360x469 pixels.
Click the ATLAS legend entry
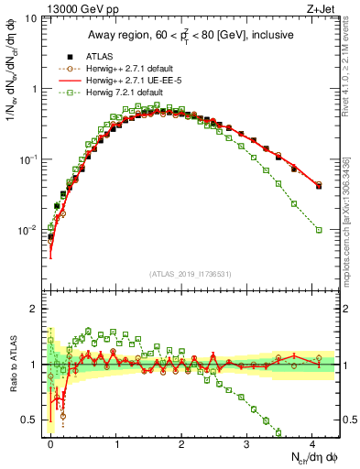pyautogui.click(x=97, y=56)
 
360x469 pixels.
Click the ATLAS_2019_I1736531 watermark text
pyautogui.click(x=191, y=274)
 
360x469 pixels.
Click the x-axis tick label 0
pyautogui.click(x=51, y=443)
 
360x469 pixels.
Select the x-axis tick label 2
pyautogui.click(x=181, y=443)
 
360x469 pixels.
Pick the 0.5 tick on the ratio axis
pyautogui.click(x=30, y=420)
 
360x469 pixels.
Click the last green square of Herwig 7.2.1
pyautogui.click(x=319, y=230)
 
